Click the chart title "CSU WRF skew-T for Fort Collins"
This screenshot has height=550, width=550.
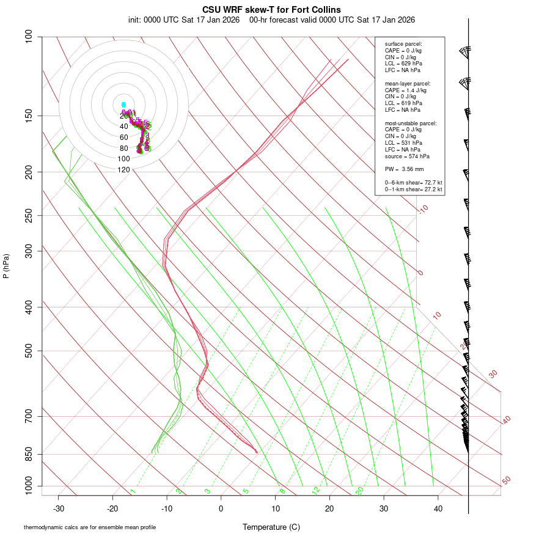pos(271,10)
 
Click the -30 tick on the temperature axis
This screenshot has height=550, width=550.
pos(59,508)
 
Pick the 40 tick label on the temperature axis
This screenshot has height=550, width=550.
pos(438,508)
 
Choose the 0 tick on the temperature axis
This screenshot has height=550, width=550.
pos(221,508)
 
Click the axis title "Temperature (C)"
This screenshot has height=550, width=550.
pos(271,527)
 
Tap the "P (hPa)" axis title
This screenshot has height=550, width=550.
pos(6,266)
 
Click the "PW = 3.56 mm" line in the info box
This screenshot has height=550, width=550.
pos(404,169)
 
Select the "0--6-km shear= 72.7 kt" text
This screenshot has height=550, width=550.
pos(413,183)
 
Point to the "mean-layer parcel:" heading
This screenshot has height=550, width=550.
pos(408,83)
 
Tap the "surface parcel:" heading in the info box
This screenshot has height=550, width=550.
pos(403,44)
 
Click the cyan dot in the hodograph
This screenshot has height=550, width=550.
pos(123,105)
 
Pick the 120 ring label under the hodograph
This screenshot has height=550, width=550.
pos(123,170)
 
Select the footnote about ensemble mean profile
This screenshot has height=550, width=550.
pos(90,527)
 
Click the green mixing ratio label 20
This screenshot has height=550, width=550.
pos(360,490)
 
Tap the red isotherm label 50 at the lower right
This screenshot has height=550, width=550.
pos(506,481)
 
